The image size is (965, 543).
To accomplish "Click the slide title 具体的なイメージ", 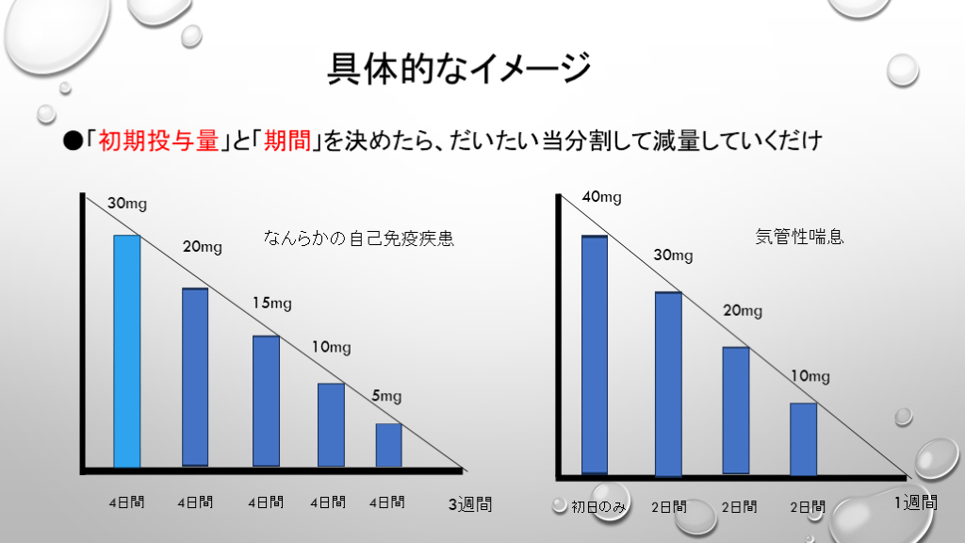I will tap(459, 68).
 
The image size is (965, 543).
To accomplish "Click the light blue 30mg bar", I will tap(127, 351).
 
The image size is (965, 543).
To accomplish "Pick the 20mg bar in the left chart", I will tap(195, 377).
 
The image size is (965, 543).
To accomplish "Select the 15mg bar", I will tap(267, 401).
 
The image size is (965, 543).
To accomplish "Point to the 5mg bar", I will tap(389, 445).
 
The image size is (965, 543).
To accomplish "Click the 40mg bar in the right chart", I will tap(595, 354).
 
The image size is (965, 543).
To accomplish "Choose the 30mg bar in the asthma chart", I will tap(668, 384).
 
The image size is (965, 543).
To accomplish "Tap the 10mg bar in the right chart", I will tap(803, 439).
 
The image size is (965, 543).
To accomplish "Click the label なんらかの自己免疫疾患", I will tap(358, 239).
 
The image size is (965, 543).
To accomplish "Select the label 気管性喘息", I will tap(800, 237).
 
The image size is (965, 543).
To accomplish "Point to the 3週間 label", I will tap(469, 504).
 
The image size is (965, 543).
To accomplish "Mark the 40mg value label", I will tap(601, 197).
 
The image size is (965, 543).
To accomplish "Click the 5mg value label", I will tap(386, 396).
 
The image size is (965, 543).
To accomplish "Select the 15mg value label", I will tap(272, 303).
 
